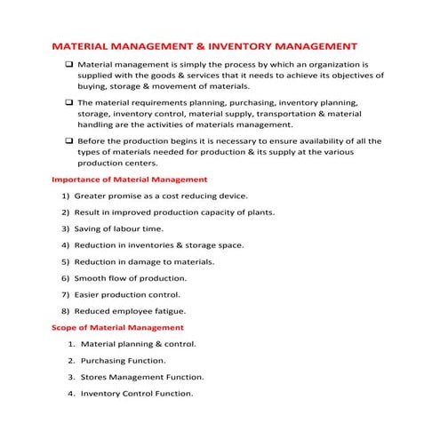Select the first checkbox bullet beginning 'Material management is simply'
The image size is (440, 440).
pyautogui.click(x=69, y=66)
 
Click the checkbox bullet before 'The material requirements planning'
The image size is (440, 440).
pyautogui.click(x=69, y=103)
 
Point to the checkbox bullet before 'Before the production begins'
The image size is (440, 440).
pyautogui.click(x=69, y=140)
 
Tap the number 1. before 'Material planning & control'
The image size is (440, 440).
pyautogui.click(x=71, y=344)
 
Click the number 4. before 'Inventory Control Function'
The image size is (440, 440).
pyautogui.click(x=71, y=394)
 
